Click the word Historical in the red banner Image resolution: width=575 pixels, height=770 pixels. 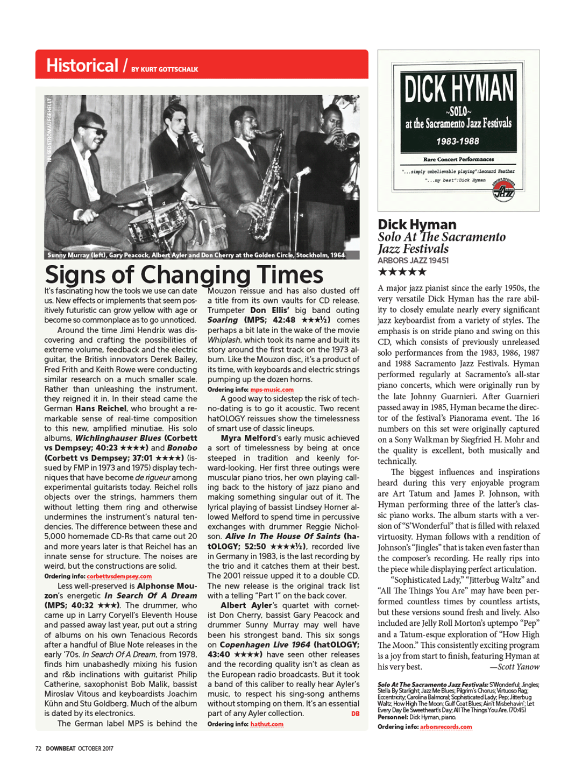[82, 66]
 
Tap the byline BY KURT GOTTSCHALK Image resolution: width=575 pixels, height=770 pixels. [165, 69]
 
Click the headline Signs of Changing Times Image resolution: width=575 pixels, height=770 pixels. [184, 274]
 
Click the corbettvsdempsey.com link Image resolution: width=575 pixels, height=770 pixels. [119, 576]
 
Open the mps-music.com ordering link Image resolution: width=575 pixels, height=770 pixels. [272, 390]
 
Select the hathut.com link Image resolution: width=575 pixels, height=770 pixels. [267, 724]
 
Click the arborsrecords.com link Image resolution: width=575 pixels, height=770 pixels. [446, 727]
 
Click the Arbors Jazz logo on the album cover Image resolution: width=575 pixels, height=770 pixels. [503, 190]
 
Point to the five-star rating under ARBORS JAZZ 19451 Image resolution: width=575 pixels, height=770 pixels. [402, 272]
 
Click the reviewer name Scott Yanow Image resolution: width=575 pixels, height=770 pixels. [518, 667]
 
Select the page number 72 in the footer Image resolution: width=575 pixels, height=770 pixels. [38, 748]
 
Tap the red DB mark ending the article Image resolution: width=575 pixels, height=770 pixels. [355, 714]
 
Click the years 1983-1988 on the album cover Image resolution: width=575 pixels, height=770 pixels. [458, 142]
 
